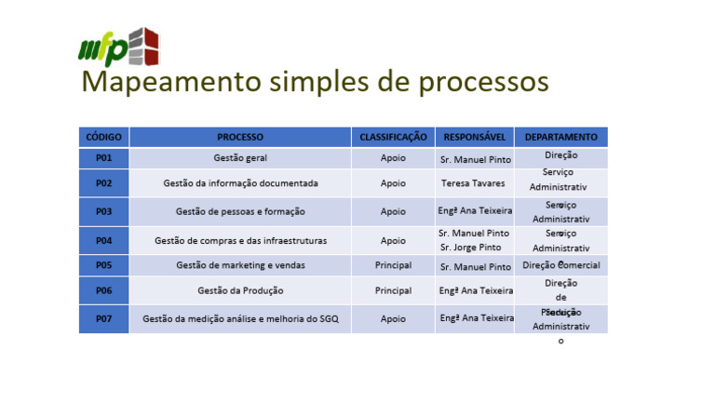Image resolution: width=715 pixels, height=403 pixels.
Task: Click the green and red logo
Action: [118, 47]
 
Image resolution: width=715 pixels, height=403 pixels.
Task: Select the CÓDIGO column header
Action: [103, 137]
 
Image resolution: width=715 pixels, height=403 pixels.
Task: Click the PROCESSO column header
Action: [240, 137]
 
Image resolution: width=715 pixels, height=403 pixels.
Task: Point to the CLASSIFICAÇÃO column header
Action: [393, 137]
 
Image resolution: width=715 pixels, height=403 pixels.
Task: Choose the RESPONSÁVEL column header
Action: [475, 137]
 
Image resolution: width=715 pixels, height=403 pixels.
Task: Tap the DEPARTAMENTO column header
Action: [560, 137]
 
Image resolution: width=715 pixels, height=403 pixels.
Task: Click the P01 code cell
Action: [103, 158]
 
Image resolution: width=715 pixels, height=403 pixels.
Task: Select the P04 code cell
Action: [103, 240]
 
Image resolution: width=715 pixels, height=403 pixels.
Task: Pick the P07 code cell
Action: [103, 318]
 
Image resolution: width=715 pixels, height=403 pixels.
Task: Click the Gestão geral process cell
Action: [240, 158]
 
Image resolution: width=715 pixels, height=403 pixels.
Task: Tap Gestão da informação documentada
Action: [240, 183]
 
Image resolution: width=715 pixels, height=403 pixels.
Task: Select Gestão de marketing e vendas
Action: [240, 265]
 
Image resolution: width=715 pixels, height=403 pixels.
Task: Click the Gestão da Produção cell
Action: [240, 290]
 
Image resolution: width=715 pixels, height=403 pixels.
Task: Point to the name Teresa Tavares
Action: [473, 183]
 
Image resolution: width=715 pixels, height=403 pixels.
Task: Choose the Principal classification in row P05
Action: [393, 265]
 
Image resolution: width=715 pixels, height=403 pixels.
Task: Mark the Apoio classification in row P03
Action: [393, 211]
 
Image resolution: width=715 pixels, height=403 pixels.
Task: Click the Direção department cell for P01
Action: [560, 155]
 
